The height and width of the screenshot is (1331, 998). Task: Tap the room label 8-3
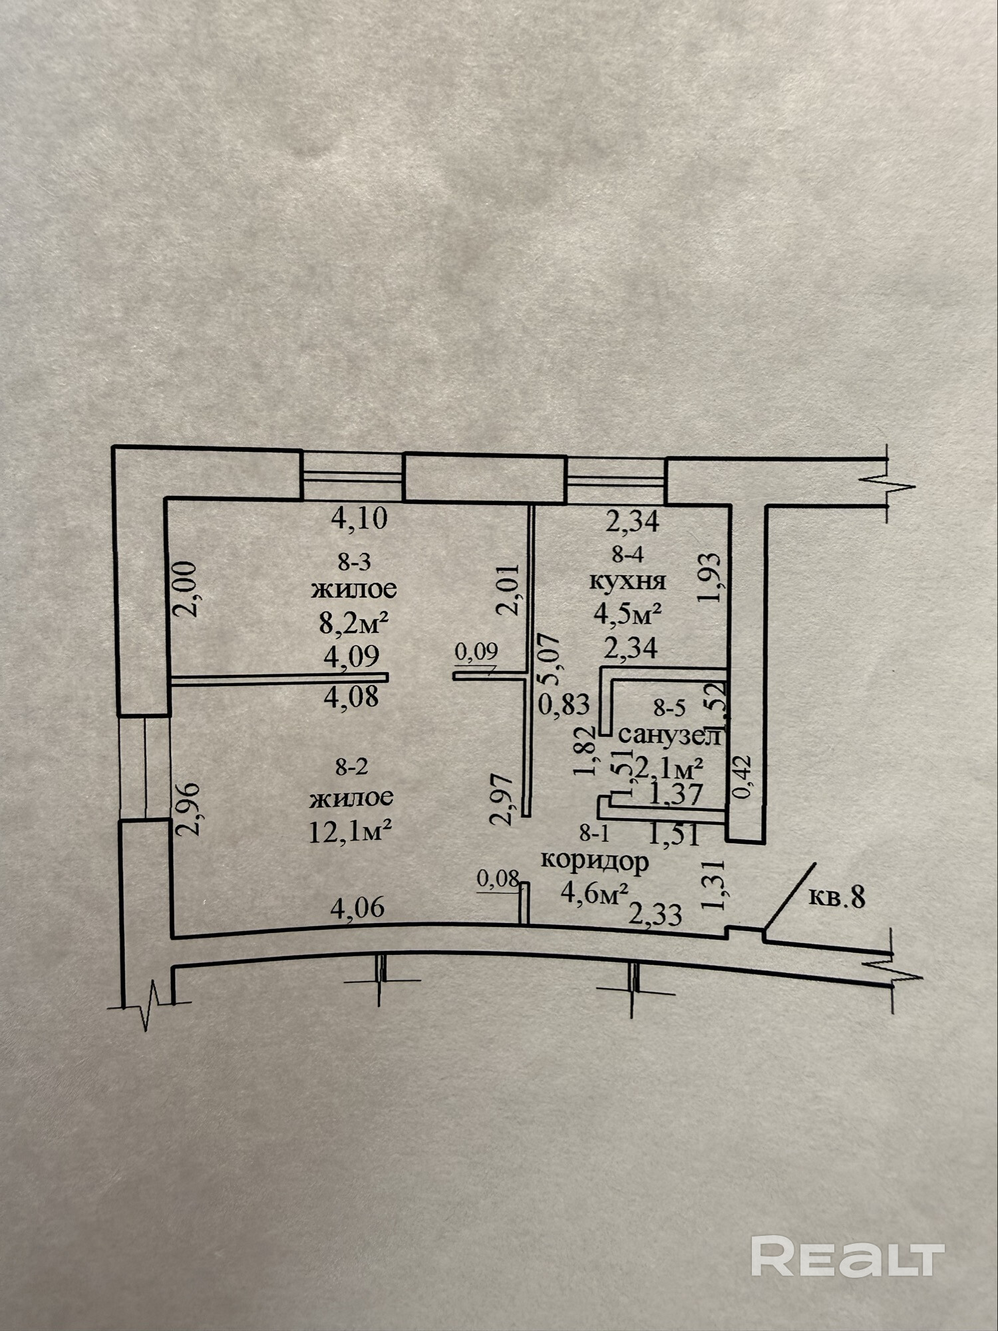tap(354, 562)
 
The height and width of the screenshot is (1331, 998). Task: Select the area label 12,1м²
tap(349, 831)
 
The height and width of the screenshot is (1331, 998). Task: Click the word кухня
tap(628, 581)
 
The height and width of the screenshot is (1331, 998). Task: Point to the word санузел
tap(671, 735)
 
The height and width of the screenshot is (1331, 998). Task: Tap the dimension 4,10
tap(359, 518)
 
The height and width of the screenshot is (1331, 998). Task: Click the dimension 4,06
tap(357, 908)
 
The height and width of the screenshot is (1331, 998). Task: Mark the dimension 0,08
tap(498, 879)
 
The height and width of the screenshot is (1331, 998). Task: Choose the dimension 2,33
tap(655, 915)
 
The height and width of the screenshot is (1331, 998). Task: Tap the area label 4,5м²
tap(628, 614)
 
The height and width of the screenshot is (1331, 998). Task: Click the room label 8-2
tap(352, 767)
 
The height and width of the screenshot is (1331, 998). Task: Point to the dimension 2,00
tap(188, 588)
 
